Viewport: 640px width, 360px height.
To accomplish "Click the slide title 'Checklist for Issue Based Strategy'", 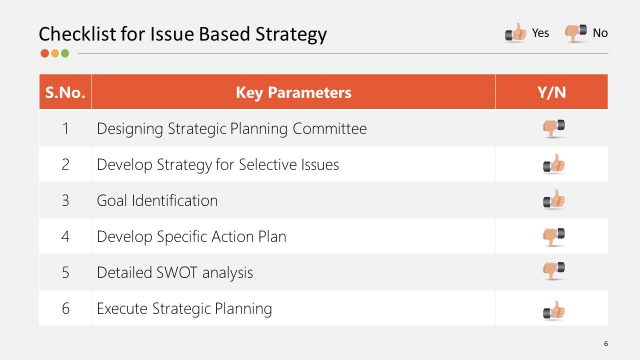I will pyautogui.click(x=182, y=35).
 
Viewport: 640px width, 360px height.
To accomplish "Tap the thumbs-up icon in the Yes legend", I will pyautogui.click(x=516, y=33).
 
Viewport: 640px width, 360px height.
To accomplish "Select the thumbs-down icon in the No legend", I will pyautogui.click(x=576, y=33).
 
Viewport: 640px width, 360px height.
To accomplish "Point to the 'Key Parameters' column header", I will pyautogui.click(x=293, y=92).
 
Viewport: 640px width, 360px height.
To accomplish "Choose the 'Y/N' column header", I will pyautogui.click(x=551, y=92).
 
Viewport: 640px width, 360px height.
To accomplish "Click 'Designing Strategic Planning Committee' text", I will pyautogui.click(x=231, y=128).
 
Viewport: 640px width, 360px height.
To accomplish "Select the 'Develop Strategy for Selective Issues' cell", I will pyautogui.click(x=217, y=164).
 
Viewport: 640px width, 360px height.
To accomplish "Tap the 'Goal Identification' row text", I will pyautogui.click(x=157, y=200).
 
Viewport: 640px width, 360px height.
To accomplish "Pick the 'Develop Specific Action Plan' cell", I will pyautogui.click(x=192, y=236).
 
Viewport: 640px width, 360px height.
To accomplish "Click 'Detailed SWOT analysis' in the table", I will pyautogui.click(x=175, y=272).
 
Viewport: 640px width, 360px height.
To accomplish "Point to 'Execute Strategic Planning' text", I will pyautogui.click(x=184, y=308).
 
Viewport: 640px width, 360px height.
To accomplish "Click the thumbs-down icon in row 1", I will pyautogui.click(x=553, y=128).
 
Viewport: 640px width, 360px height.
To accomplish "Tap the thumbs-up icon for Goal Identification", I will pyautogui.click(x=553, y=200).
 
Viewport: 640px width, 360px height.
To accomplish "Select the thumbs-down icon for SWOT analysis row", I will pyautogui.click(x=553, y=272).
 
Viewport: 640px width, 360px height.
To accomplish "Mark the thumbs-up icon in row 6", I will pyautogui.click(x=553, y=308).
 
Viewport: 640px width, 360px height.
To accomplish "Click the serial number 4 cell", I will pyautogui.click(x=65, y=236).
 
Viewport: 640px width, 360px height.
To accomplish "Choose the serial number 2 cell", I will pyautogui.click(x=65, y=164).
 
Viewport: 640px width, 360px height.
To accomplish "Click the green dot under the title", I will pyautogui.click(x=65, y=54).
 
